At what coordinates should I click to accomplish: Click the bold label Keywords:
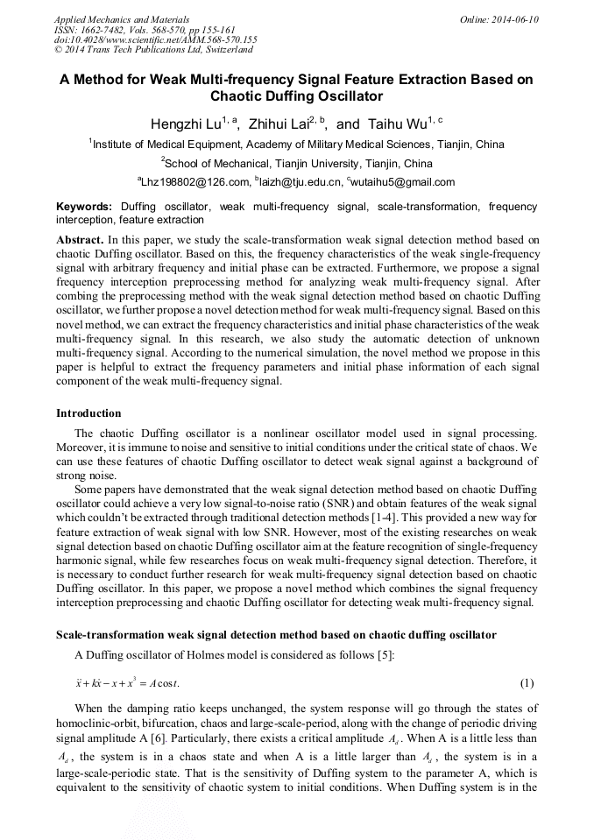(x=84, y=207)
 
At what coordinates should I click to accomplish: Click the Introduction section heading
(x=88, y=413)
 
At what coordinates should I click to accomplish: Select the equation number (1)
(x=527, y=683)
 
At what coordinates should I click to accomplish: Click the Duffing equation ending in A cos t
(x=127, y=683)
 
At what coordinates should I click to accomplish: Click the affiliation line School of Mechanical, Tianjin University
(x=297, y=163)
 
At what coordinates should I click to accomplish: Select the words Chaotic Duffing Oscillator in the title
(x=297, y=96)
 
